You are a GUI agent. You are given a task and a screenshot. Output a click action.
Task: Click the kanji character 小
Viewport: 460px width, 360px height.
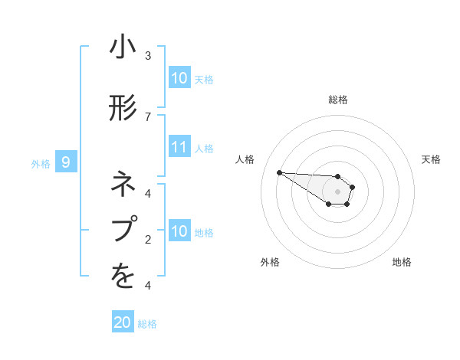pyautogui.click(x=123, y=49)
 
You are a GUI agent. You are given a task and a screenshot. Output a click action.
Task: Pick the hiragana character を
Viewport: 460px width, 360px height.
pyautogui.click(x=123, y=277)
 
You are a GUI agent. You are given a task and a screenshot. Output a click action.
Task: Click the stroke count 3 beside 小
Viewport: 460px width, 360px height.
pyautogui.click(x=148, y=55)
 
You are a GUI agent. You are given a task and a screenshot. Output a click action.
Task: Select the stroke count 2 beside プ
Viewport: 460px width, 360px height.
pyautogui.click(x=148, y=239)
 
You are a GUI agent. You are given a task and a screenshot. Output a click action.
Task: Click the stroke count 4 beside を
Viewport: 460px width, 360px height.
pyautogui.click(x=148, y=286)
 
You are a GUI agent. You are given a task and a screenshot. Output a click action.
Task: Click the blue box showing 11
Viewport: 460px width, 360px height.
pyautogui.click(x=179, y=147)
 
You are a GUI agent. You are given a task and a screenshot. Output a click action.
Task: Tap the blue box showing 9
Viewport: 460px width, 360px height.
pyautogui.click(x=67, y=162)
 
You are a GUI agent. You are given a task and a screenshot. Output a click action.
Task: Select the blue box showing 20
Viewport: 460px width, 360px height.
pyautogui.click(x=123, y=322)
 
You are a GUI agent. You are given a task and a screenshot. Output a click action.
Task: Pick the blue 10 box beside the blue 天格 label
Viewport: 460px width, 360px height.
pyautogui.click(x=179, y=78)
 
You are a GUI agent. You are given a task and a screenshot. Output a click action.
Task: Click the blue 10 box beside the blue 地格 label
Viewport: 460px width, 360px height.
pyautogui.click(x=179, y=231)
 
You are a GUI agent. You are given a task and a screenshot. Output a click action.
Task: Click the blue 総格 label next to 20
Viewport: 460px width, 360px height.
pyautogui.click(x=147, y=324)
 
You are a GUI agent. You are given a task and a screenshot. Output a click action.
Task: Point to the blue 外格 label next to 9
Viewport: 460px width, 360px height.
pyautogui.click(x=41, y=163)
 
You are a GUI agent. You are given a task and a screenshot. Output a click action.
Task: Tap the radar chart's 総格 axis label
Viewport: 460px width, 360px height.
pyautogui.click(x=337, y=100)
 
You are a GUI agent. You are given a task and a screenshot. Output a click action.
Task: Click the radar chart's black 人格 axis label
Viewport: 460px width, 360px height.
pyautogui.click(x=245, y=159)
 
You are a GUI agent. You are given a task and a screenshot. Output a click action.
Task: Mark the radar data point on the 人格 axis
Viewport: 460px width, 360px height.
pyautogui.click(x=279, y=172)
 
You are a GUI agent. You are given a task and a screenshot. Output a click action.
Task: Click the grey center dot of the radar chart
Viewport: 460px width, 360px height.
pyautogui.click(x=337, y=191)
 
